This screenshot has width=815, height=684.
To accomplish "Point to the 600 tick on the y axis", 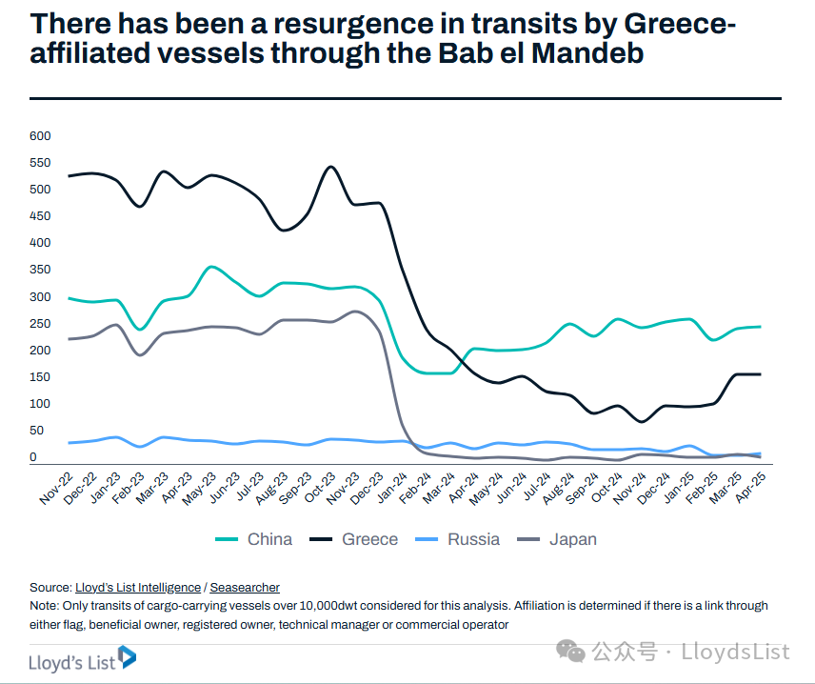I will tap(39, 136).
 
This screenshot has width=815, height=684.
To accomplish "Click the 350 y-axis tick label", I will tap(39, 271).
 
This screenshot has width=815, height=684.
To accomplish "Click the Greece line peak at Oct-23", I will tap(330, 167).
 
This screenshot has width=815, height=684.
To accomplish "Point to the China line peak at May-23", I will tap(211, 267).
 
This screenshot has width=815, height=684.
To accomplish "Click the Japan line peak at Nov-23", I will tap(354, 312).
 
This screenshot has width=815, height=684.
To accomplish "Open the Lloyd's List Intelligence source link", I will tap(138, 588).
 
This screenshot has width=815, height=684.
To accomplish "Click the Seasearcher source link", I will tap(245, 588).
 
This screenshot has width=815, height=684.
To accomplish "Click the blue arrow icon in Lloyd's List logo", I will tap(126, 657).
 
